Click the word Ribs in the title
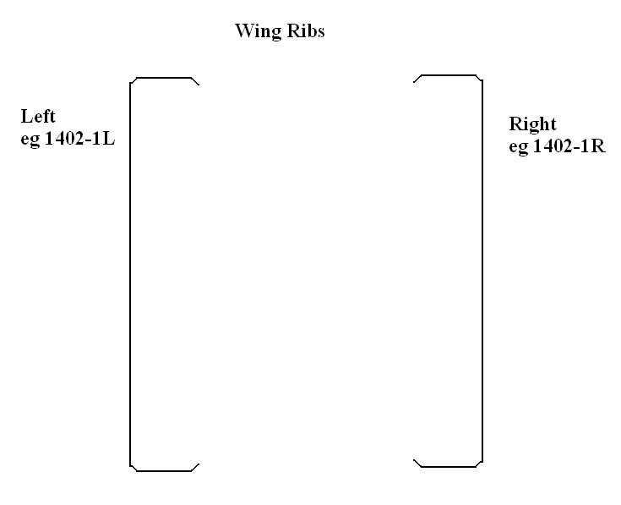point(307,32)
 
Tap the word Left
point(38,117)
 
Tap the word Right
point(532,124)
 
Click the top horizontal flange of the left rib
point(164,78)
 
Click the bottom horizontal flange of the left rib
point(164,470)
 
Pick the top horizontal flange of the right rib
point(449,75)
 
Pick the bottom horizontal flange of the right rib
point(449,466)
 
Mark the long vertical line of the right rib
point(482,271)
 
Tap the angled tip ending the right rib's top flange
point(416,79)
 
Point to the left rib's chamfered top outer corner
point(133,80)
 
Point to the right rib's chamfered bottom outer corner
point(480,464)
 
